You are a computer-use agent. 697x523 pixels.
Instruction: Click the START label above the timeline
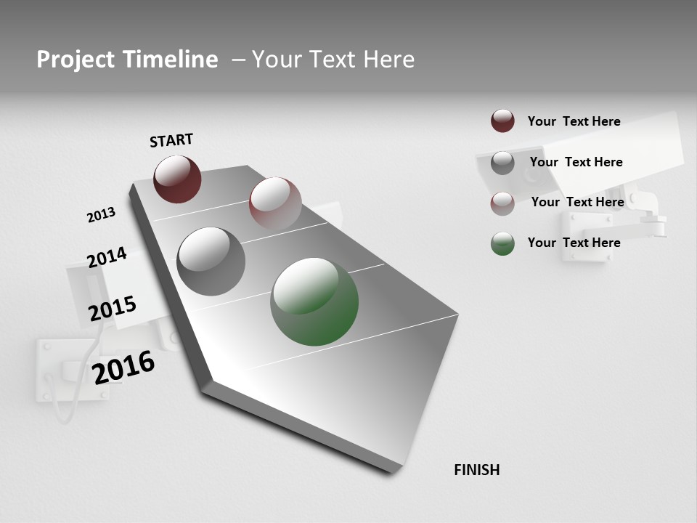[x=171, y=140]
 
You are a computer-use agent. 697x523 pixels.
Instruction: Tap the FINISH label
[x=477, y=470]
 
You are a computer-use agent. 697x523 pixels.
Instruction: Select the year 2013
[x=101, y=215]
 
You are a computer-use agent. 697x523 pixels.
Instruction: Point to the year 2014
[x=107, y=258]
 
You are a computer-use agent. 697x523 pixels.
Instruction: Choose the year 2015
[x=113, y=309]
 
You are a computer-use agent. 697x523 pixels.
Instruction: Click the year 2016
[x=124, y=368]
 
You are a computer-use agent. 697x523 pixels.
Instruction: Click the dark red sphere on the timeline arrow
[x=177, y=179]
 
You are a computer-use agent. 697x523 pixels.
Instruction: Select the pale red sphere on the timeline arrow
[x=275, y=203]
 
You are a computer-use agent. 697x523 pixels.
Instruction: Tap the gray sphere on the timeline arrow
[x=211, y=261]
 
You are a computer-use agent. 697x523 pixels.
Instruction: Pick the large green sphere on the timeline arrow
[x=314, y=301]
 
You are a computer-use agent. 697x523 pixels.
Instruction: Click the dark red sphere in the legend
[x=502, y=121]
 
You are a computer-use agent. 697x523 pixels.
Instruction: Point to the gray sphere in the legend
[x=502, y=163]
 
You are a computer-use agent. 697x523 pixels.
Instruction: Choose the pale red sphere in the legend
[x=502, y=203]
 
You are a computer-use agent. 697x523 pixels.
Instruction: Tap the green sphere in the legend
[x=502, y=243]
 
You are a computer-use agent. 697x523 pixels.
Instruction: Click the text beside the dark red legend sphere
[x=574, y=121]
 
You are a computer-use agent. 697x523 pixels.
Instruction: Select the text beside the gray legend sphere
[x=576, y=162]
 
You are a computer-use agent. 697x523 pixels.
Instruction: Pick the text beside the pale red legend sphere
[x=577, y=202]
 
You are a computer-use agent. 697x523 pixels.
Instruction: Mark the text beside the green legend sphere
[x=574, y=243]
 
